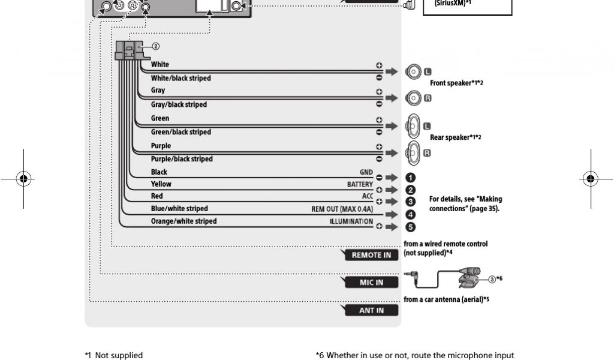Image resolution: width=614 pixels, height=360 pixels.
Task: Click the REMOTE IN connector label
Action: (x=371, y=255)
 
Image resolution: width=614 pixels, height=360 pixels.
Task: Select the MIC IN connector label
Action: (x=371, y=283)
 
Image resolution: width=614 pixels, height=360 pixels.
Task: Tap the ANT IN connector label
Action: (x=371, y=310)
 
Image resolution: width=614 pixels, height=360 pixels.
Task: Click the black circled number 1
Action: (x=411, y=178)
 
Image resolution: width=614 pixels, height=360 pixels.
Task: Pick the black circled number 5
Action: (x=411, y=227)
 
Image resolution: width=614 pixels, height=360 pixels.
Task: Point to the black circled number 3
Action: (x=411, y=202)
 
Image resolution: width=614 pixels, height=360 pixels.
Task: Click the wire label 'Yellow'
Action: (x=161, y=184)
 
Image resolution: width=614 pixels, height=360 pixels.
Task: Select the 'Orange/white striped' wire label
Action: (x=183, y=221)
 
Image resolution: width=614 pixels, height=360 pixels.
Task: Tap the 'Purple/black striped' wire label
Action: (x=182, y=159)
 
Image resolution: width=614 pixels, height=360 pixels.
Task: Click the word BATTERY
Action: (x=360, y=184)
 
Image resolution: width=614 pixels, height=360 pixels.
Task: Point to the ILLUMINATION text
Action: (x=351, y=221)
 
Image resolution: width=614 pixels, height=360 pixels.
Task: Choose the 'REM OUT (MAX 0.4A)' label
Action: (x=342, y=209)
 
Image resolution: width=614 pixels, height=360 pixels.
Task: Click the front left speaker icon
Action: (x=413, y=73)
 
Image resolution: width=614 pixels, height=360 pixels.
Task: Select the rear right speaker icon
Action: (x=413, y=153)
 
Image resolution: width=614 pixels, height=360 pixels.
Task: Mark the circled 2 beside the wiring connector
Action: (x=155, y=46)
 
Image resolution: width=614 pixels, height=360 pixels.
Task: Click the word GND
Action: (x=366, y=172)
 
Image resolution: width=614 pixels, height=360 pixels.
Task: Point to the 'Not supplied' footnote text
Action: (x=119, y=355)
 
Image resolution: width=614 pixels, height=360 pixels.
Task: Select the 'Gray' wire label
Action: (x=158, y=91)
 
